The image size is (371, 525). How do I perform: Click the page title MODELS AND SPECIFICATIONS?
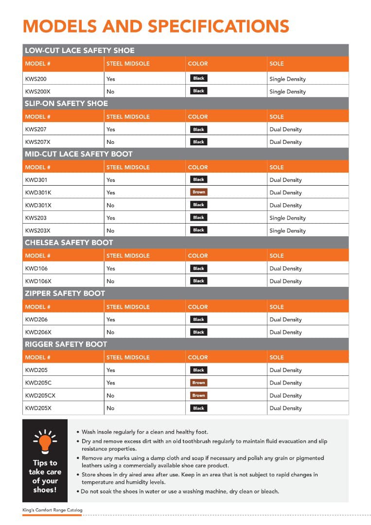point(156,26)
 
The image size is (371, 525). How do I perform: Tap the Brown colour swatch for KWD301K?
point(198,192)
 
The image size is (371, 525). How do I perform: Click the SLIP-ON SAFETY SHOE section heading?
point(66,103)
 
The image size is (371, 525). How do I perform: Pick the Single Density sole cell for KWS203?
point(287,218)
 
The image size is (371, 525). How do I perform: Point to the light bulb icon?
point(45,440)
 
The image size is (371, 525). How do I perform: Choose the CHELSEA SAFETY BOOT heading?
point(69,243)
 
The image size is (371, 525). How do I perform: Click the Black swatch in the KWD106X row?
point(198,281)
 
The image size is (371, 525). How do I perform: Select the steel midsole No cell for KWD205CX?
point(110,396)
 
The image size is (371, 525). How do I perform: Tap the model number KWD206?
point(36,319)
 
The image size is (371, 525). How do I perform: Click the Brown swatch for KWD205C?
point(198,383)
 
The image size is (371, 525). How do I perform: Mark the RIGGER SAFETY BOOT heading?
point(66,344)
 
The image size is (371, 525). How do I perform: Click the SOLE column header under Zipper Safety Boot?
point(276,307)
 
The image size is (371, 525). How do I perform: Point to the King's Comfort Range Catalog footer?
point(53,510)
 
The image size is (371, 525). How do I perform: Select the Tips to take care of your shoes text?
point(45,476)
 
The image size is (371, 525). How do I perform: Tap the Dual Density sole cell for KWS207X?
point(285,142)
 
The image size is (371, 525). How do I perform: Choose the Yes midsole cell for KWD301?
point(110,180)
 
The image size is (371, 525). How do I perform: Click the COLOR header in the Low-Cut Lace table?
point(197,64)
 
